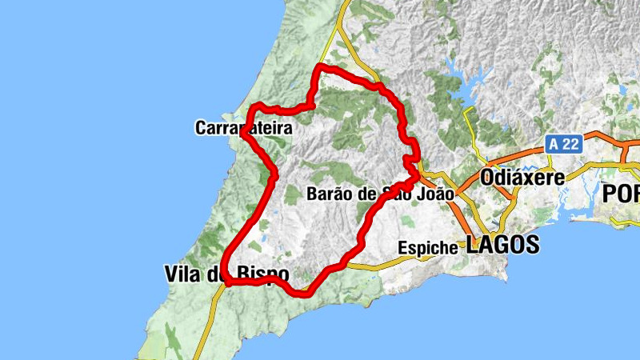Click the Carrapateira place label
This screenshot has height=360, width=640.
click(242, 127)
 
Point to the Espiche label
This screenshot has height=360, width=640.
click(428, 248)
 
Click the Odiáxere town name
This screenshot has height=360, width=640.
click(522, 177)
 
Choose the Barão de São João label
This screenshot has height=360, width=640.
click(380, 194)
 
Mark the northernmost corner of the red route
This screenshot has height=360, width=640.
click(320, 66)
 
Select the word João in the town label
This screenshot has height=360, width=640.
click(434, 194)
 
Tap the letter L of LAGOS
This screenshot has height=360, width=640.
click(473, 246)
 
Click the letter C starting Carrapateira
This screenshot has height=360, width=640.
click(200, 127)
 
